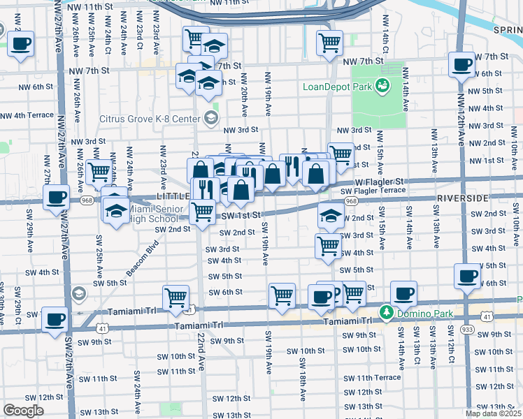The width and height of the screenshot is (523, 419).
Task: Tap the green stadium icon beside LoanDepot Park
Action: point(382,86)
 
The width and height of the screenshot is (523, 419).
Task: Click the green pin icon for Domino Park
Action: point(385,311)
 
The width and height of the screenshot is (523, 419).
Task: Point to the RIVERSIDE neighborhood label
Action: point(462,198)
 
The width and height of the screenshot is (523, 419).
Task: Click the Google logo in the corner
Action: point(23,411)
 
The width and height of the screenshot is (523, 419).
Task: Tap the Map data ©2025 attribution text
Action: point(492,413)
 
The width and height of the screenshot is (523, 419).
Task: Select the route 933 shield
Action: point(466,328)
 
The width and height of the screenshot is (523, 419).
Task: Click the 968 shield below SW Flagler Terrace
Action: point(351,201)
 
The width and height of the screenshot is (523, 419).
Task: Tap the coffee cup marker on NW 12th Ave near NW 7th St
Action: point(461,65)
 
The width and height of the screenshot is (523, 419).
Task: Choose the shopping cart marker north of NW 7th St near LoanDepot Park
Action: point(329,43)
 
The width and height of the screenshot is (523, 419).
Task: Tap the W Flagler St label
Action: point(385,181)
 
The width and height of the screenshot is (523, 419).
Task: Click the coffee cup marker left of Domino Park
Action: point(320,296)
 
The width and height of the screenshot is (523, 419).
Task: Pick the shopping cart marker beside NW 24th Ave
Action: point(99,171)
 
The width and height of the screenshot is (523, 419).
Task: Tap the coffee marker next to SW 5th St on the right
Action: point(467,276)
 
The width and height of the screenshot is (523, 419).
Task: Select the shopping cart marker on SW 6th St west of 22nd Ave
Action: point(175,297)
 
